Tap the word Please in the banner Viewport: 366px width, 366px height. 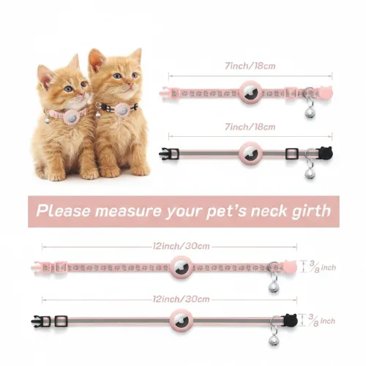pyautogui.click(x=64, y=211)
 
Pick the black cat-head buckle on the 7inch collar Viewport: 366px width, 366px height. pyautogui.click(x=326, y=154)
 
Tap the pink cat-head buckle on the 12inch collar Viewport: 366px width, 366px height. pyautogui.click(x=290, y=267)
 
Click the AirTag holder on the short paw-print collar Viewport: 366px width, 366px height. pyautogui.click(x=250, y=92)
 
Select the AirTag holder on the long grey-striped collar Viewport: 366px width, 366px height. pyautogui.click(x=182, y=321)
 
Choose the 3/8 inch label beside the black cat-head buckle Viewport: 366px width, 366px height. pyautogui.click(x=322, y=321)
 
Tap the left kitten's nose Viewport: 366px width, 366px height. pyautogui.click(x=81, y=96)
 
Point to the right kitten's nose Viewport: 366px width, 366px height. pyautogui.click(x=130, y=85)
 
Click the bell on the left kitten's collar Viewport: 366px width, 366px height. pyautogui.click(x=48, y=119)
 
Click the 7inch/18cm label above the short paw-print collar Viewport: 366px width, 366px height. pyautogui.click(x=250, y=66)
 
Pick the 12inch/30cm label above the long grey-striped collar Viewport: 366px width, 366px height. pyautogui.click(x=181, y=299)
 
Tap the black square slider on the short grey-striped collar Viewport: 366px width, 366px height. pyautogui.click(x=292, y=154)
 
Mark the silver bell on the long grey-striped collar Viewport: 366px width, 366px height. pyautogui.click(x=274, y=340)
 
